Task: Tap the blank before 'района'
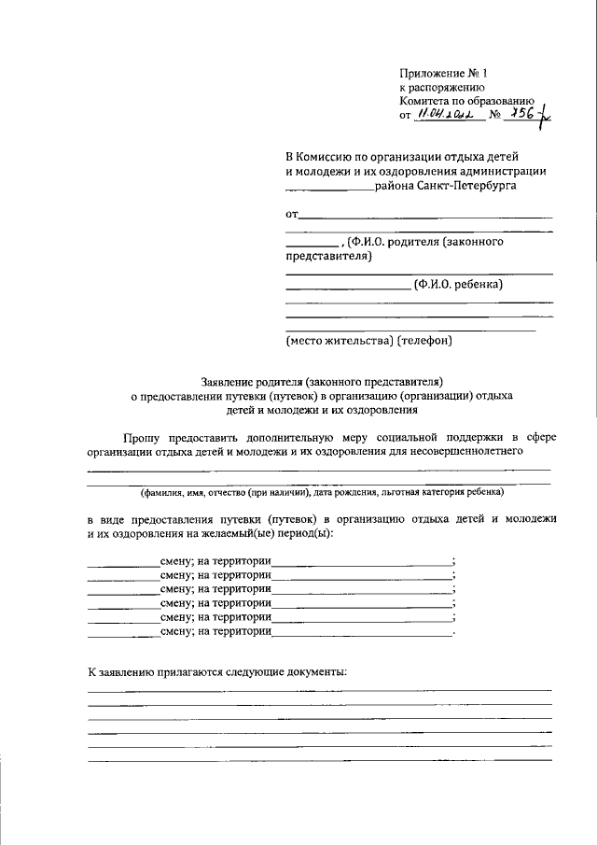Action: coord(330,190)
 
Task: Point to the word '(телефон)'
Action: coord(424,341)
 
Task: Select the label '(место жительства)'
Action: coord(339,341)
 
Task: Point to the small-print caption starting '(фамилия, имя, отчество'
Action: coord(321,491)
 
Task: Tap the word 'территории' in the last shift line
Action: coord(242,632)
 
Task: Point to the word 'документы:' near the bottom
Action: coord(317,671)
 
